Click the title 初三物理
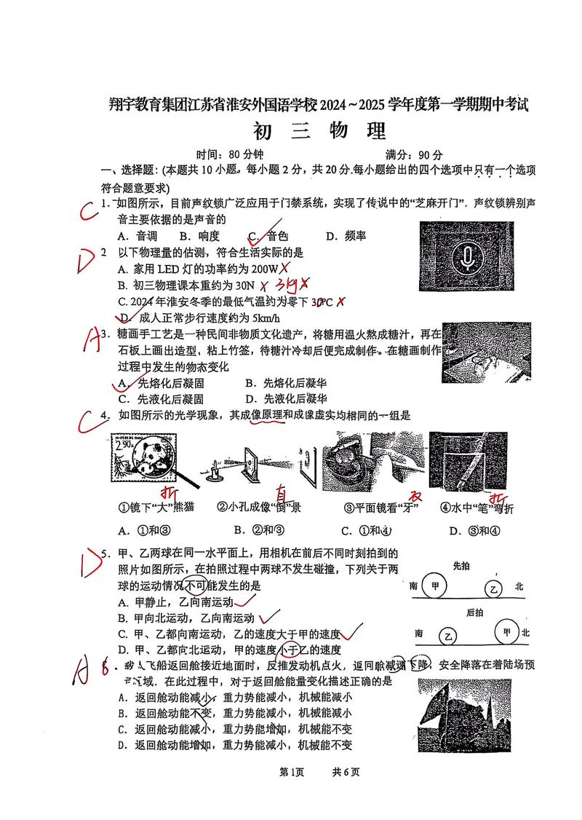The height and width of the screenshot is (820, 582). pyautogui.click(x=318, y=133)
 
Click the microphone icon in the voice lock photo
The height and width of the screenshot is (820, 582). pyautogui.click(x=464, y=255)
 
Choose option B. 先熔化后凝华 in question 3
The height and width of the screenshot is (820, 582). pyautogui.click(x=284, y=382)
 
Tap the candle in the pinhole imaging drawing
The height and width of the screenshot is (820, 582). pyautogui.click(x=212, y=472)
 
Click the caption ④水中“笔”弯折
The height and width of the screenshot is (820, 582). pyautogui.click(x=477, y=508)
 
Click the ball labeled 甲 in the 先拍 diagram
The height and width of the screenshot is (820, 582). pyautogui.click(x=435, y=586)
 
